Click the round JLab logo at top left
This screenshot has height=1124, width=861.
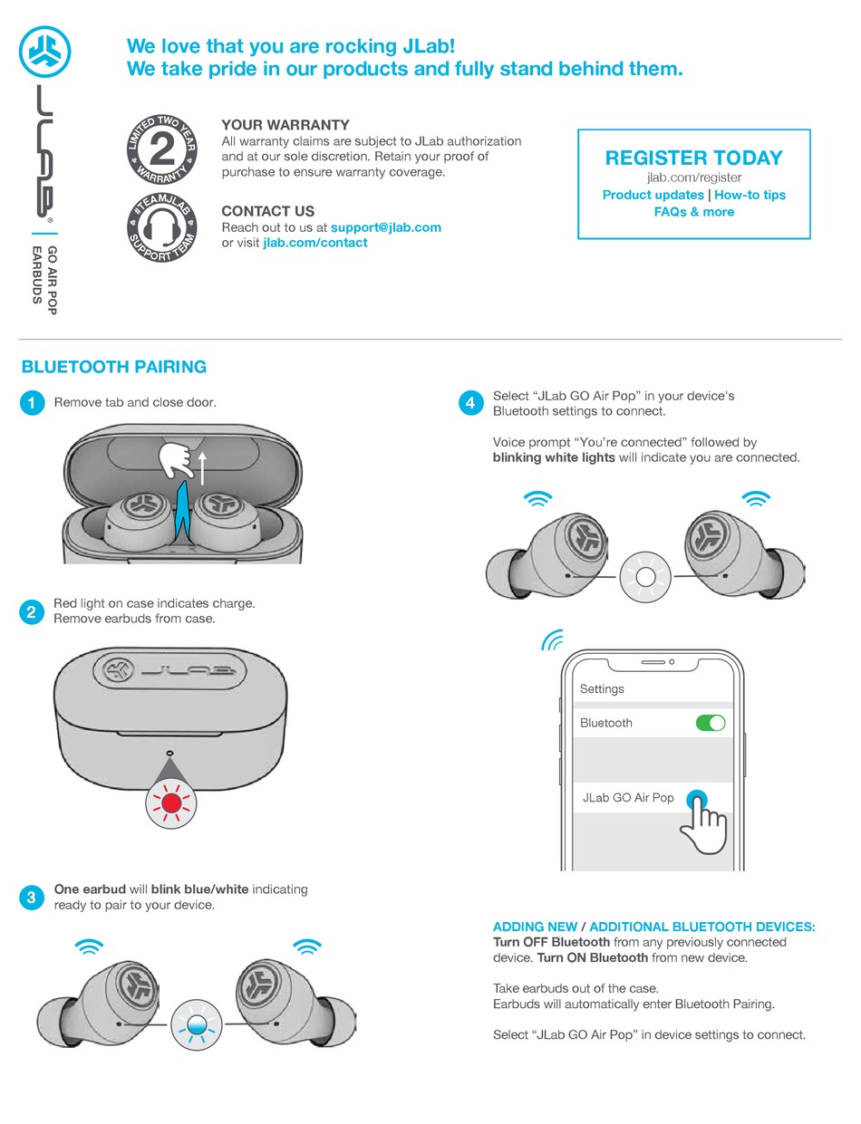[45, 52]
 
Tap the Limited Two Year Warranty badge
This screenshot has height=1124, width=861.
[162, 149]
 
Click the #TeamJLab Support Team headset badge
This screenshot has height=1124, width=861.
[162, 227]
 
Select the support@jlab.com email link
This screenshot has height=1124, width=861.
[385, 227]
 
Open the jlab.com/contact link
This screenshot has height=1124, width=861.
[315, 243]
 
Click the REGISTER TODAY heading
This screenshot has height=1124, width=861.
[693, 158]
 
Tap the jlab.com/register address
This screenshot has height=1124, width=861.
[693, 178]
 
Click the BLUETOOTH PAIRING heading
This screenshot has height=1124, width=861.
[114, 367]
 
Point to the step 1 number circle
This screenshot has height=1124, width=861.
[32, 402]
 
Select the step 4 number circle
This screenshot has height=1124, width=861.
[470, 402]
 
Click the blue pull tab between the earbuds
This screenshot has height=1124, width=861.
[182, 511]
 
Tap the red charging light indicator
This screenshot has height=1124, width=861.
[171, 803]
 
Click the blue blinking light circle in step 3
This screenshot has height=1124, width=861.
[197, 1024]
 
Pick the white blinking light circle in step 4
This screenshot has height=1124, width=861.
[645, 577]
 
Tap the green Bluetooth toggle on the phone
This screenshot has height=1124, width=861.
[711, 723]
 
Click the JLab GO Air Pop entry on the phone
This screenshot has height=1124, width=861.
[628, 797]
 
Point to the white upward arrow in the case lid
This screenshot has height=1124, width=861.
[202, 468]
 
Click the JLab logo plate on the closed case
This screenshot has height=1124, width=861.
[169, 671]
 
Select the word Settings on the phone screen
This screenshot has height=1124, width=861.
[602, 689]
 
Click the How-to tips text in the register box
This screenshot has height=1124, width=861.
[750, 195]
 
